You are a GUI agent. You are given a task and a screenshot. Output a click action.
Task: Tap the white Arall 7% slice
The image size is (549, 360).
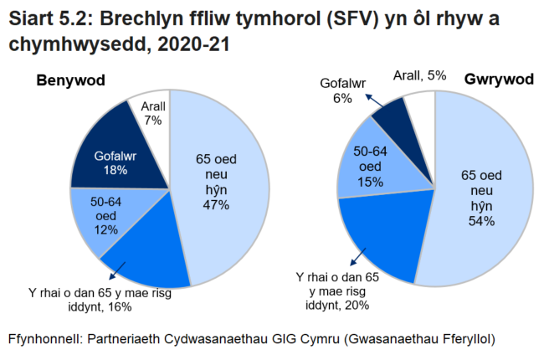151,113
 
